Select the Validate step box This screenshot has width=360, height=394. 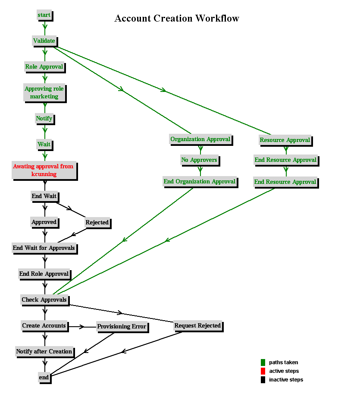[x=45, y=41]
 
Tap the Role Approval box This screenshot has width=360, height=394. [x=45, y=67]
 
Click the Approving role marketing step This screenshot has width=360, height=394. [x=45, y=93]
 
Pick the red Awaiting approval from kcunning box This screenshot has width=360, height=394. [x=44, y=170]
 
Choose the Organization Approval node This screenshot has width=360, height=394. [x=201, y=140]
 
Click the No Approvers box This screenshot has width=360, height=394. [x=200, y=160]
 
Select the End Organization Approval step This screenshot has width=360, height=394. [x=200, y=182]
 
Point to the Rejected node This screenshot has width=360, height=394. [x=98, y=223]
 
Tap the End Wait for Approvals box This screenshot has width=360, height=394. [x=44, y=248]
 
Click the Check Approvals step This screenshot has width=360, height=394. [x=45, y=300]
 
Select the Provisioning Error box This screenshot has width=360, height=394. [x=122, y=327]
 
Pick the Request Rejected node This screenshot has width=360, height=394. [x=198, y=326]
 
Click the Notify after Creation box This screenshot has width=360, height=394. [x=45, y=352]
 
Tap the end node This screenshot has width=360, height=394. [x=45, y=378]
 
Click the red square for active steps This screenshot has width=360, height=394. [x=263, y=371]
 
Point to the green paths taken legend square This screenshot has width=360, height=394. [x=263, y=362]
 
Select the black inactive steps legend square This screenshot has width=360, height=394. [x=263, y=380]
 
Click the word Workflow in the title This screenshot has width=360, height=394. [x=217, y=19]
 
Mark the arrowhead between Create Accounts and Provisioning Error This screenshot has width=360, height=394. [x=82, y=327]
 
